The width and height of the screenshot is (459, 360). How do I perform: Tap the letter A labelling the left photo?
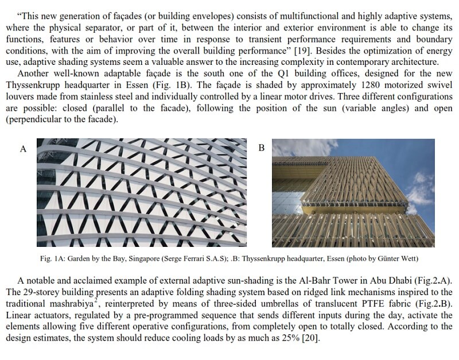(x=23, y=149)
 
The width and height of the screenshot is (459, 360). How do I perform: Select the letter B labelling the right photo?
(x=262, y=149)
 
